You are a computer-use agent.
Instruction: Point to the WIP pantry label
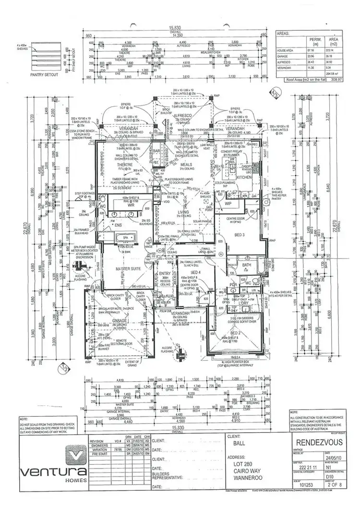tap(228, 204)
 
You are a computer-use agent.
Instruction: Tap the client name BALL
tap(233, 444)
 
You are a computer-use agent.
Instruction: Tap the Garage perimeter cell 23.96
tap(313, 56)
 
